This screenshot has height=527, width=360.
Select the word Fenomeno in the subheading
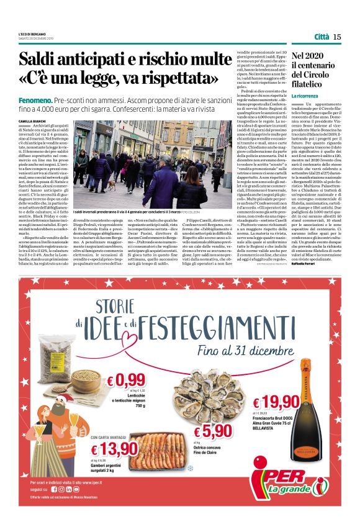(x=52, y=100)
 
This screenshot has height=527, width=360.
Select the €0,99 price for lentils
(x=125, y=380)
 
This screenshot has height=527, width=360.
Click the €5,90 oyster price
(x=214, y=431)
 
